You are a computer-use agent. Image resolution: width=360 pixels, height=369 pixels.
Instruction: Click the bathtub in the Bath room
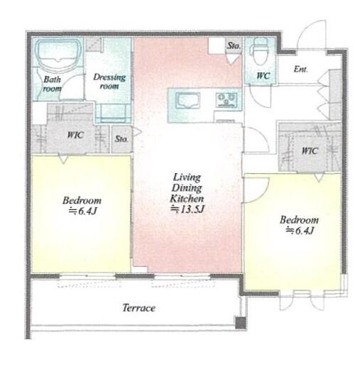click(x=58, y=55)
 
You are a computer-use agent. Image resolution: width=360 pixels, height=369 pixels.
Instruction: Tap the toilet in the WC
click(x=260, y=51)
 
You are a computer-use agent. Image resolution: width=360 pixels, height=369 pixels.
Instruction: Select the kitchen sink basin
click(x=187, y=100)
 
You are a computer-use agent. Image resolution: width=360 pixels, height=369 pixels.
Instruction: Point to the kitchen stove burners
click(x=227, y=100)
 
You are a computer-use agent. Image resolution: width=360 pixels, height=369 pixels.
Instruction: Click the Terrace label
click(x=139, y=308)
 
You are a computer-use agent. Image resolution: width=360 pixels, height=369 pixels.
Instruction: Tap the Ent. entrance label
click(x=301, y=69)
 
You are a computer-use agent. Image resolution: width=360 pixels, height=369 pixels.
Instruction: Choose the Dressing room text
click(x=109, y=81)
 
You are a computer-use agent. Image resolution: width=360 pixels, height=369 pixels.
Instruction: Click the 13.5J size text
click(x=187, y=209)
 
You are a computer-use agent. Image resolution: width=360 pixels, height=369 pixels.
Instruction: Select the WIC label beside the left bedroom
click(x=75, y=135)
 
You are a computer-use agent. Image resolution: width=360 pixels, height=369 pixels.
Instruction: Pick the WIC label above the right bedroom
click(x=310, y=150)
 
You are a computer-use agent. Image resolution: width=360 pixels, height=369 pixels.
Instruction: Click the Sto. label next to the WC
click(x=234, y=45)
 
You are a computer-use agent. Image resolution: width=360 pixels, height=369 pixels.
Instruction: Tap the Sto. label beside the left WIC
click(x=121, y=138)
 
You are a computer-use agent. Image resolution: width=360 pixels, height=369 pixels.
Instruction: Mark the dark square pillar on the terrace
click(x=241, y=323)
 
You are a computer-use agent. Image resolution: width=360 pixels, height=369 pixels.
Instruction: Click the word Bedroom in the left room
click(x=82, y=200)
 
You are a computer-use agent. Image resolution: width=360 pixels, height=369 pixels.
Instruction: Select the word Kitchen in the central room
click(x=187, y=198)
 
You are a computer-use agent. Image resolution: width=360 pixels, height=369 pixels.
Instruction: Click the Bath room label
click(x=53, y=84)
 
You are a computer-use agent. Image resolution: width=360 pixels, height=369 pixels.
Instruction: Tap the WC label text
click(x=263, y=76)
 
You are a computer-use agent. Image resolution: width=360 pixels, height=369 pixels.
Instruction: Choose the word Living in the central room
click(x=187, y=177)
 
